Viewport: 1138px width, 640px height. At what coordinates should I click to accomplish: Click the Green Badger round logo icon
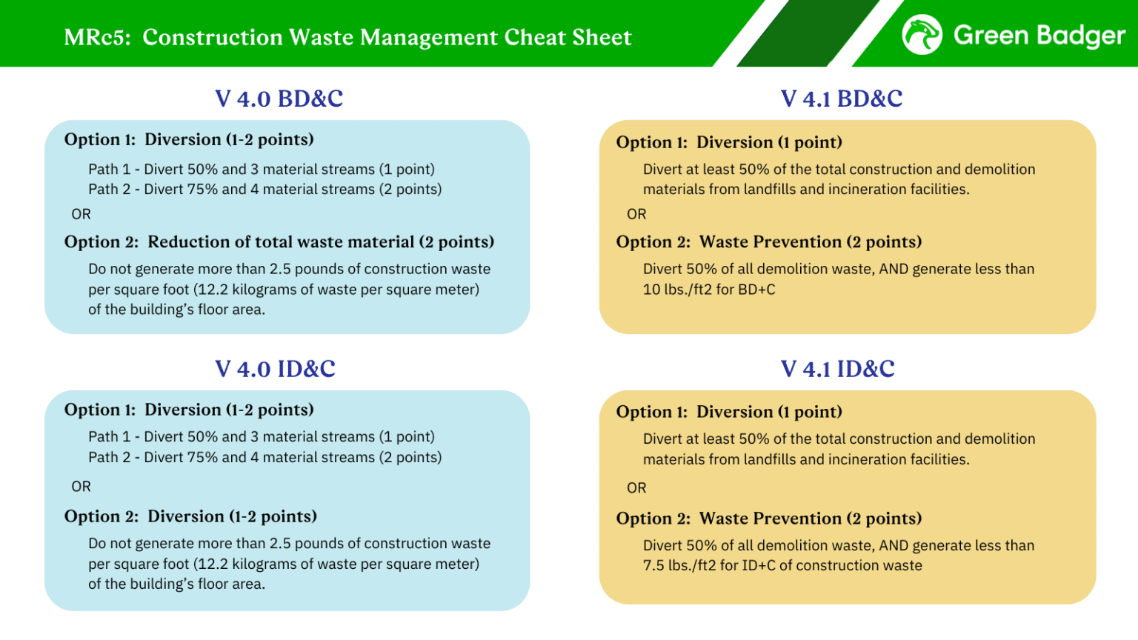click(922, 35)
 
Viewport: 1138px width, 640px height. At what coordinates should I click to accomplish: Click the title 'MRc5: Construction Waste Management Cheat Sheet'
click(347, 37)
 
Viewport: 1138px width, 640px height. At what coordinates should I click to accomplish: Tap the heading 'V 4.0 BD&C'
click(279, 99)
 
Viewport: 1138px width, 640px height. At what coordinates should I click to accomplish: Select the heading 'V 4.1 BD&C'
click(842, 99)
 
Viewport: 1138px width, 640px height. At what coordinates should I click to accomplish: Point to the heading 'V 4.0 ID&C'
click(276, 369)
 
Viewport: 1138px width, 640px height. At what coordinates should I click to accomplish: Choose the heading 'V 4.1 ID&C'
click(838, 369)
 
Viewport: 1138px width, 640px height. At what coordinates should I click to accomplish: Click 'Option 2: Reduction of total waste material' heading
click(279, 242)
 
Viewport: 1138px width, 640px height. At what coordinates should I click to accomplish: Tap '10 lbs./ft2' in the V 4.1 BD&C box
click(676, 290)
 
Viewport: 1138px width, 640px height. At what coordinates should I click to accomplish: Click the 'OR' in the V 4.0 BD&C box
click(81, 214)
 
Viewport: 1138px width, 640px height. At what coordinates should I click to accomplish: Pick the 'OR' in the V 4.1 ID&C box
click(636, 488)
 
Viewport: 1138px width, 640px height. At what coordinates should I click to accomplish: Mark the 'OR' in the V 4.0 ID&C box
click(81, 487)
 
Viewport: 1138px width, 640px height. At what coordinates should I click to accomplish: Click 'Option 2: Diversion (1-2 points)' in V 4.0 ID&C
click(190, 516)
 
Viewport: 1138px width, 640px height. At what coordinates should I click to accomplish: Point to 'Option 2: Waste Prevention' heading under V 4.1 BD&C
click(769, 242)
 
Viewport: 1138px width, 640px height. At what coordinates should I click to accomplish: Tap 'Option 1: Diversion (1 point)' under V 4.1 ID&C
click(729, 412)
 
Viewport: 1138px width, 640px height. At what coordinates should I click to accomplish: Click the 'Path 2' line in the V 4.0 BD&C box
click(264, 190)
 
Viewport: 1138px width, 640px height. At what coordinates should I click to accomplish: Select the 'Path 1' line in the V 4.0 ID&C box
click(262, 437)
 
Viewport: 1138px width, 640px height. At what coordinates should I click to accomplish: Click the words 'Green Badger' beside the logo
click(1039, 35)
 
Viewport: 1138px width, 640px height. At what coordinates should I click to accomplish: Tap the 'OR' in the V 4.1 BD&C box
click(636, 214)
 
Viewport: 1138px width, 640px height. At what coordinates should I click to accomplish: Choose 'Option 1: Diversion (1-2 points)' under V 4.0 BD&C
click(189, 140)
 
